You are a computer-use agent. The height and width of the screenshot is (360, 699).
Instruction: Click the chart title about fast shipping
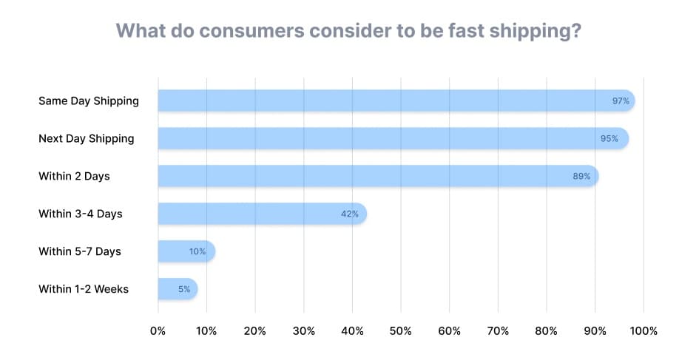click(348, 32)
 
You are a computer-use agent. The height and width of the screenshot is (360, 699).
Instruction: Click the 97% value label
click(621, 101)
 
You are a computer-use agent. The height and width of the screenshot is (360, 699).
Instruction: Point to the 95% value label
click(609, 138)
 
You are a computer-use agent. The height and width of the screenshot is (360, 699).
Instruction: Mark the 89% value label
click(581, 176)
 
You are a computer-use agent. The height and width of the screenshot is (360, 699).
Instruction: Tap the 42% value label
click(349, 214)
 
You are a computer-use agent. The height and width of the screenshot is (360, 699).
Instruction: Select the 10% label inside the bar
click(197, 251)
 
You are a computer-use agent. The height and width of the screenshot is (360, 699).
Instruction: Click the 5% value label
click(183, 289)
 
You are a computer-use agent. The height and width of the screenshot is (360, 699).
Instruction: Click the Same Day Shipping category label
click(88, 101)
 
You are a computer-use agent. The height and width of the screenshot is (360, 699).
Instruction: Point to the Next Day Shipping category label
click(86, 138)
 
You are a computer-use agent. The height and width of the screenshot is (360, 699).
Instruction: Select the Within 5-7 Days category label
click(79, 251)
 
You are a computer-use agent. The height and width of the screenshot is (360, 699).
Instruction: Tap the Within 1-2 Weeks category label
click(83, 289)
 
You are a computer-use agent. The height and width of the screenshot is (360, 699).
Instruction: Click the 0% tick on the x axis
click(158, 331)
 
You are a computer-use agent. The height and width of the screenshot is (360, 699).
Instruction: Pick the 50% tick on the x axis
click(400, 331)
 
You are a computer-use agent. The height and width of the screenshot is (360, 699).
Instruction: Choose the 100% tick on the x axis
click(643, 331)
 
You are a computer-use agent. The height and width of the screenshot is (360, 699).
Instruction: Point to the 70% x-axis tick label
click(497, 331)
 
